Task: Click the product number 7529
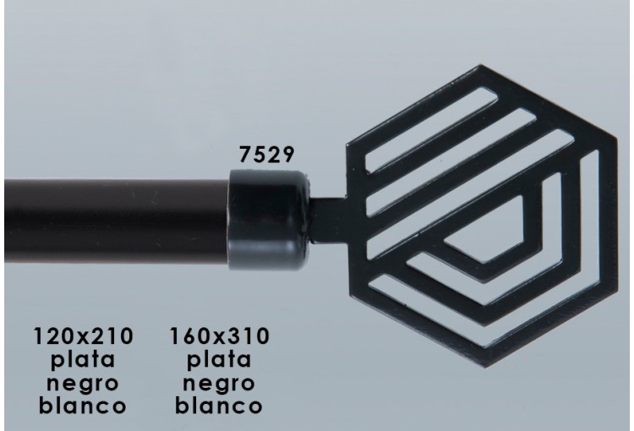[266, 155]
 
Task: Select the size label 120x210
[84, 336]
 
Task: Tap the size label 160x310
[219, 336]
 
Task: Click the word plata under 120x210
[83, 359]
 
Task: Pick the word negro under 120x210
[83, 384]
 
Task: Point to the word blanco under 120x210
[83, 405]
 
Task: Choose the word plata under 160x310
[219, 359]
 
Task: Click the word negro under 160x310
[219, 384]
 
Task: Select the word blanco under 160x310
[219, 405]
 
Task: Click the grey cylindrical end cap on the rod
[269, 220]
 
